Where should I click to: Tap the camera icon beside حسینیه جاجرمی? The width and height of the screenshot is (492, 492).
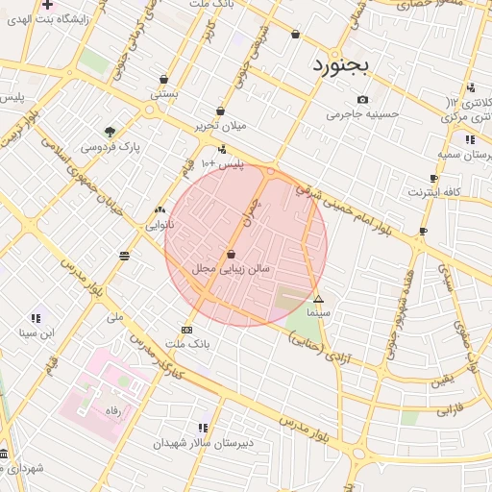click(362, 100)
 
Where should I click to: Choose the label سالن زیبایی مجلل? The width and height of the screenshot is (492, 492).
click(231, 269)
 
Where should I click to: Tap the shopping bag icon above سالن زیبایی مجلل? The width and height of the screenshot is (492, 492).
click(231, 254)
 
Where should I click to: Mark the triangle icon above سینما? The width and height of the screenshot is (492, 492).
click(319, 300)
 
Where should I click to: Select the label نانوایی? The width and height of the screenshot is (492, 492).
click(160, 226)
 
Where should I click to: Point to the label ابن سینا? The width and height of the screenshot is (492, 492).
click(37, 333)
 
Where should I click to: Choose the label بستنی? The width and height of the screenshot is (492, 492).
click(164, 95)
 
